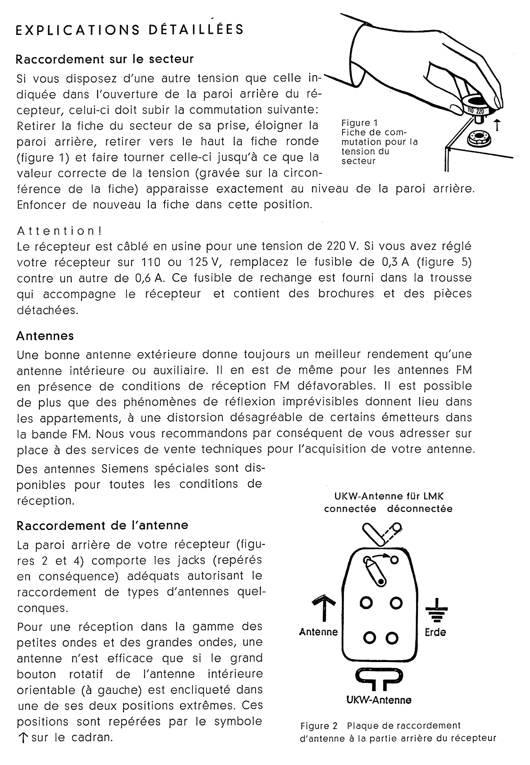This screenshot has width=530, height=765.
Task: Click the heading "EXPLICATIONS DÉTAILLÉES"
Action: click(x=130, y=29)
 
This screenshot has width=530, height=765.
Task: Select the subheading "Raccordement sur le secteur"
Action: click(x=104, y=59)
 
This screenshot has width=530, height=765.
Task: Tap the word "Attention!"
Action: click(x=59, y=231)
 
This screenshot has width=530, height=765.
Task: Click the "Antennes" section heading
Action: click(x=45, y=336)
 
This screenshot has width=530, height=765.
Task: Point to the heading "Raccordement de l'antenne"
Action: click(x=102, y=526)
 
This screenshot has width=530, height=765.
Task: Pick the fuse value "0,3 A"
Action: click(x=396, y=262)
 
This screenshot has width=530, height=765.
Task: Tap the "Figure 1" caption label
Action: click(x=359, y=123)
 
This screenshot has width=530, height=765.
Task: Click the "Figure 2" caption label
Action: click(x=319, y=726)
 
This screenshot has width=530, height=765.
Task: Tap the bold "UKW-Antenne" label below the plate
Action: click(x=379, y=700)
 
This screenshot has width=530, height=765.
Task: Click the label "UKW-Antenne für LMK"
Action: click(x=389, y=497)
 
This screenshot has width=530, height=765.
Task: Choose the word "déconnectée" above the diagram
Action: click(x=420, y=509)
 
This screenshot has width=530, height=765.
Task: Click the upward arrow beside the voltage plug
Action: click(x=497, y=125)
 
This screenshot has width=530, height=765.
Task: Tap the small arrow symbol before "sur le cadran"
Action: click(x=23, y=738)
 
